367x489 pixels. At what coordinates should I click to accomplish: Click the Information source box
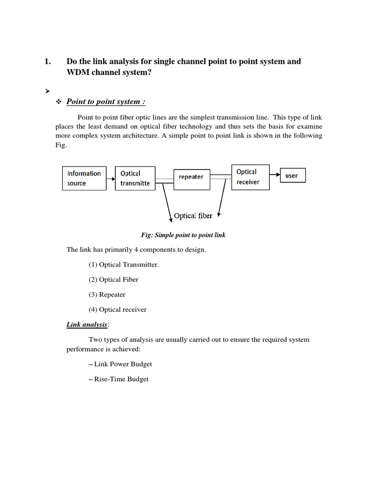click(84, 178)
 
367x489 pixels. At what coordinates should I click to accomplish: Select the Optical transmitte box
click(135, 178)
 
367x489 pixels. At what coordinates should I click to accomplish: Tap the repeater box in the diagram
click(191, 177)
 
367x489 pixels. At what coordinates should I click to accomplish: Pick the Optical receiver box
click(248, 177)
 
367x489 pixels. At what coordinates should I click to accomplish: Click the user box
click(292, 176)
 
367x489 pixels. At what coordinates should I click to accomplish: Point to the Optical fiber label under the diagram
click(193, 216)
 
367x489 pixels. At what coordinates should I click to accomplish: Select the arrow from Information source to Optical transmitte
click(110, 179)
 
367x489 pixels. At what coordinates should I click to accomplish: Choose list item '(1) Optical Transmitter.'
click(123, 265)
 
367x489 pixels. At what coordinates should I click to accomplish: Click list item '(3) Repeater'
click(107, 295)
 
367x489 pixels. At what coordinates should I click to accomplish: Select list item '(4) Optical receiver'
click(118, 309)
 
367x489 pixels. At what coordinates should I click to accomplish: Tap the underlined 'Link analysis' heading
click(87, 325)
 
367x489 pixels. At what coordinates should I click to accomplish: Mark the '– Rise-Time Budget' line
click(119, 379)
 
